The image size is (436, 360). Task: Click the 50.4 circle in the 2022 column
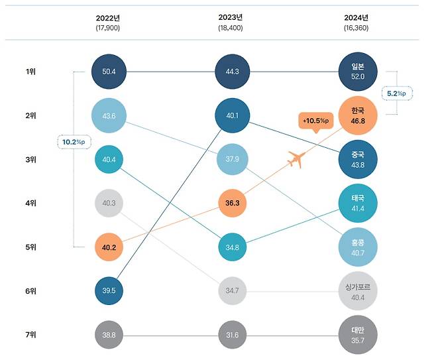108,71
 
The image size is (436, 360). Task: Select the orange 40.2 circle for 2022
108,246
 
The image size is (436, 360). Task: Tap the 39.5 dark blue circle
108,290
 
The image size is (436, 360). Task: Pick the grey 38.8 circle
108,335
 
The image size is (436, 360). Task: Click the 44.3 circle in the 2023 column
232,71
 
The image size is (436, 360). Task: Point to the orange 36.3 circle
232,202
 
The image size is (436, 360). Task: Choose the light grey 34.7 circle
232,290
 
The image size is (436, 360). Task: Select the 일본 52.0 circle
357,71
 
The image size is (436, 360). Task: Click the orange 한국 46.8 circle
357,115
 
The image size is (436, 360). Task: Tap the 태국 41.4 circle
357,202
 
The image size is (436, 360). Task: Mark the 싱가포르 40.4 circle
357,290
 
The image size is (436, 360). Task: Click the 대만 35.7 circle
357,335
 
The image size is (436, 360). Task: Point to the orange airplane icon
298,159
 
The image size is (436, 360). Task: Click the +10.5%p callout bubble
315,121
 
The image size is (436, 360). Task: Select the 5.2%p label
397,93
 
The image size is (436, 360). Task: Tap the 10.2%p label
74,143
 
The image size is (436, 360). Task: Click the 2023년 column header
232,17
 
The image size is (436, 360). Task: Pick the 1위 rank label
31,71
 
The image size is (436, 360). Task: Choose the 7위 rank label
31,335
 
